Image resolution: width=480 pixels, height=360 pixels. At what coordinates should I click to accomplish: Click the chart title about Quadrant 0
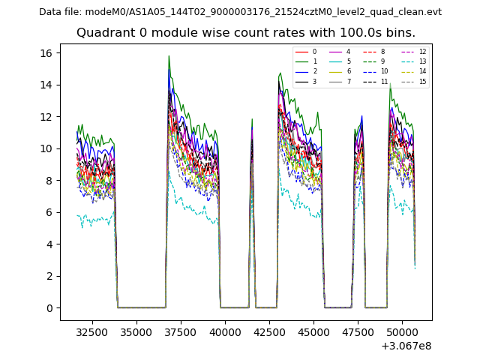(x=245, y=33)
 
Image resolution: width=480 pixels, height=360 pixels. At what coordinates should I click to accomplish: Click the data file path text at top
(x=240, y=12)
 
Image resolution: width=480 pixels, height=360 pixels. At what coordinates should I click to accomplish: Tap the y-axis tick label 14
(x=46, y=85)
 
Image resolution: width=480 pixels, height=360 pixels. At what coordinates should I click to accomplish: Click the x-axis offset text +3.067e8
(x=406, y=346)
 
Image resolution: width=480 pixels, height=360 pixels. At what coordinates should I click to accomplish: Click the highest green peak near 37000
(x=169, y=56)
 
